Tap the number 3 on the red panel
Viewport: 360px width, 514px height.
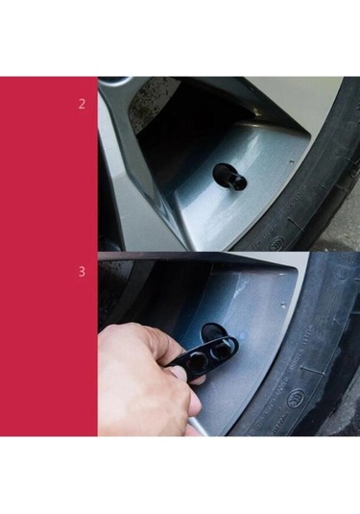click(x=82, y=272)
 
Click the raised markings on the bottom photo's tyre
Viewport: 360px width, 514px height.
click(x=307, y=384)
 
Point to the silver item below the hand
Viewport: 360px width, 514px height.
click(x=202, y=427)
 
